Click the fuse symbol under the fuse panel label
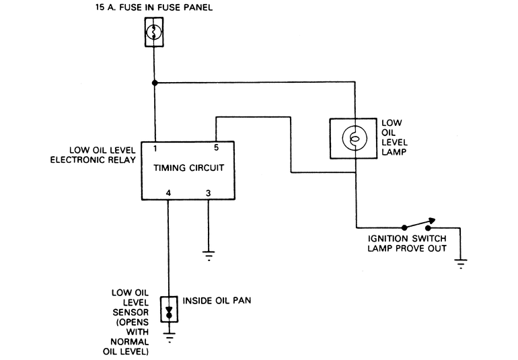[154, 32]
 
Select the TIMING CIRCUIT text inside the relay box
[188, 168]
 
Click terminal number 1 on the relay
[155, 147]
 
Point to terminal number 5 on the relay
[216, 147]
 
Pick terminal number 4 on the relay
[168, 193]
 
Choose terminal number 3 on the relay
[208, 193]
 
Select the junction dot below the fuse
[155, 83]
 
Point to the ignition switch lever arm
[418, 223]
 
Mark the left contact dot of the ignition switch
[404, 227]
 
